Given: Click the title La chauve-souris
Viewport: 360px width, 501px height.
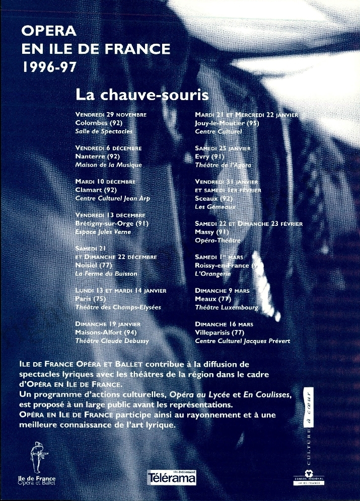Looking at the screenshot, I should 141,95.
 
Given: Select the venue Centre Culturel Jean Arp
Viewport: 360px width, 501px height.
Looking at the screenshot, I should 112,198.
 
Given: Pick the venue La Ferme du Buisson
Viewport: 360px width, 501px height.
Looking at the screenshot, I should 106,274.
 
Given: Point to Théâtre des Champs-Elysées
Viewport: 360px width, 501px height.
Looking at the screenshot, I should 118,307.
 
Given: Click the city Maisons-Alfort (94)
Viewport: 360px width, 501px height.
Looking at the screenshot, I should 106,332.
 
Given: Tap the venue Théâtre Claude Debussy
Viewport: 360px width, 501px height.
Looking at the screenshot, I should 112,341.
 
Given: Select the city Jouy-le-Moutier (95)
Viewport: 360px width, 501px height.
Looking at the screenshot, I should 227,123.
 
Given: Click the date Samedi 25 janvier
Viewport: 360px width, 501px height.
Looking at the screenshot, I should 223,148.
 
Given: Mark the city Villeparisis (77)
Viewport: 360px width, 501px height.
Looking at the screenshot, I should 219,332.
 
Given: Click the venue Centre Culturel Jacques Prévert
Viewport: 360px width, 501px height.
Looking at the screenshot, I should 242,341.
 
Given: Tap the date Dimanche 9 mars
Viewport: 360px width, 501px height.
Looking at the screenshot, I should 222,291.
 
